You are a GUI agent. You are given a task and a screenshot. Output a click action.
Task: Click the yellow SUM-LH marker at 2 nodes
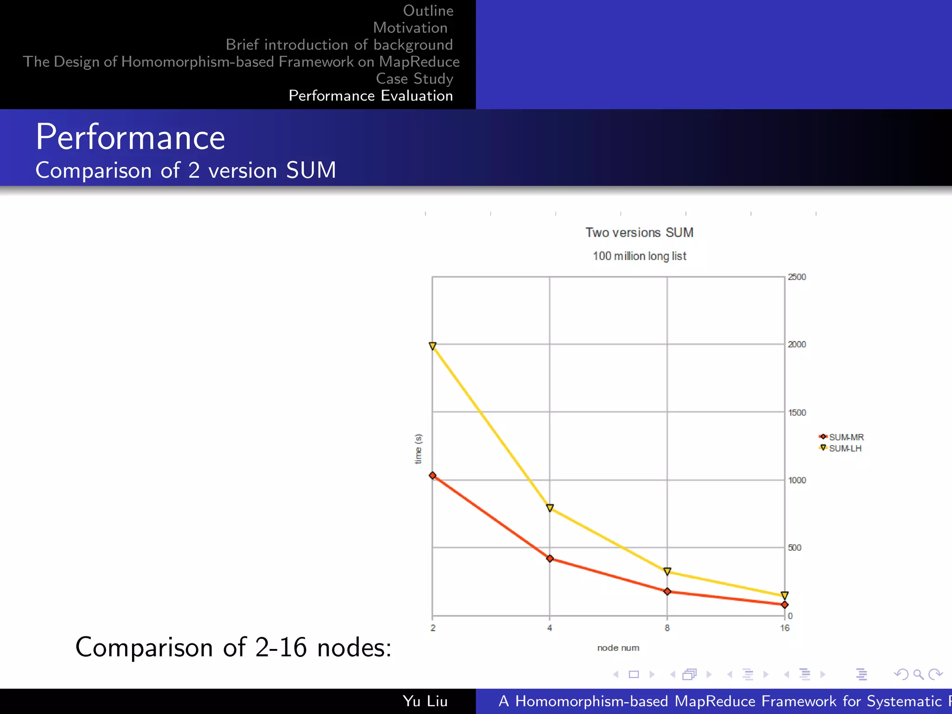click(x=432, y=346)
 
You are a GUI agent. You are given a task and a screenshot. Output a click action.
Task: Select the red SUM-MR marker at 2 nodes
click(x=432, y=476)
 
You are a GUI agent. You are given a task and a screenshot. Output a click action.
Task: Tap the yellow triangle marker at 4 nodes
click(x=550, y=508)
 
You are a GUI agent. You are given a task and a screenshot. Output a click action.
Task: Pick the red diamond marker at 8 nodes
click(x=667, y=591)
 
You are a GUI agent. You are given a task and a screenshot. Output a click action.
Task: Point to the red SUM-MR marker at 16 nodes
click(x=785, y=605)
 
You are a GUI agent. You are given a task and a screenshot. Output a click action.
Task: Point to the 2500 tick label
click(x=797, y=277)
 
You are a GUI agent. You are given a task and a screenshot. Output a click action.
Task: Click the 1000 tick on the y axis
click(x=797, y=480)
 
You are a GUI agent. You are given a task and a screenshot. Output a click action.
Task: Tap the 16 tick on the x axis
click(x=785, y=628)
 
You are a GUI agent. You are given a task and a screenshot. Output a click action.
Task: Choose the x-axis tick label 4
click(x=549, y=628)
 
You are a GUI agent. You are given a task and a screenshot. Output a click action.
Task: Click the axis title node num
click(x=618, y=648)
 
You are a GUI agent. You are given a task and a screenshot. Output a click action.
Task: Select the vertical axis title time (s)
click(x=418, y=449)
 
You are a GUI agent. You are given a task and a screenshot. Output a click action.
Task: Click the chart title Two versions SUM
click(x=639, y=232)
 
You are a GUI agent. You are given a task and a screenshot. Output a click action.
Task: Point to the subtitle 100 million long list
click(x=639, y=256)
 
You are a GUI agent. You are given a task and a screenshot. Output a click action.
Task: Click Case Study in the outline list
click(x=414, y=79)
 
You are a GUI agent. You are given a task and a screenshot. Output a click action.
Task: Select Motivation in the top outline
click(x=410, y=28)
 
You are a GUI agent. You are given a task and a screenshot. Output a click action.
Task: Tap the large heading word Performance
click(x=130, y=138)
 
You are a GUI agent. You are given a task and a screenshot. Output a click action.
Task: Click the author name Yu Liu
click(x=425, y=701)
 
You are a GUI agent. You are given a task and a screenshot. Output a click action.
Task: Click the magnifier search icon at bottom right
click(x=918, y=674)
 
